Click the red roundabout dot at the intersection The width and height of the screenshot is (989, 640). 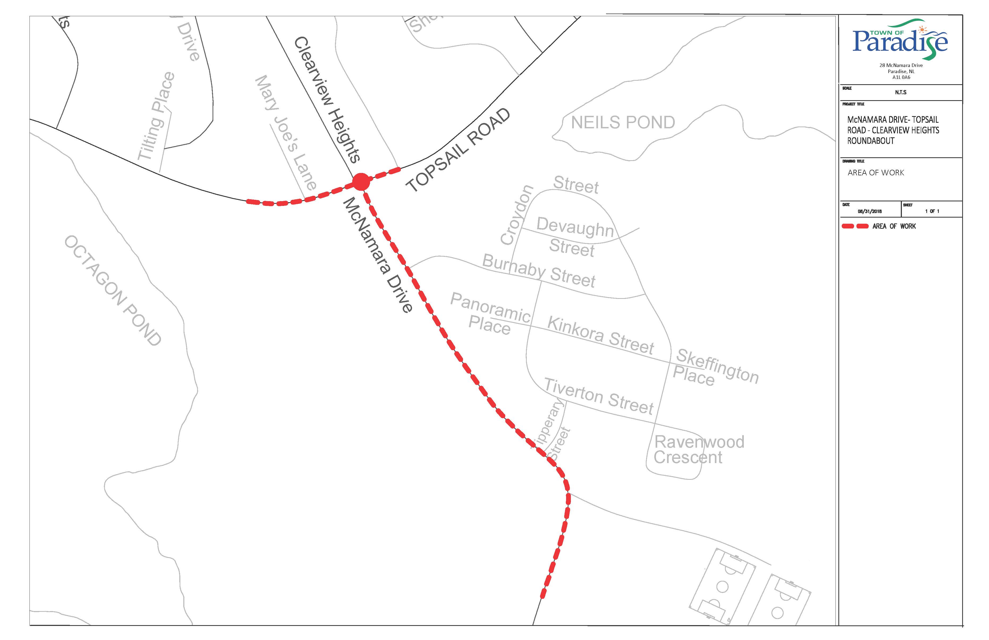click(361, 182)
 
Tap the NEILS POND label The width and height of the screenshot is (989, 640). click(622, 122)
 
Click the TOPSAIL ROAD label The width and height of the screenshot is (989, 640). click(458, 150)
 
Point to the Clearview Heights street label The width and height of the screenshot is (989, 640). click(327, 99)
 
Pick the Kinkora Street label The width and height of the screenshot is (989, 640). click(600, 335)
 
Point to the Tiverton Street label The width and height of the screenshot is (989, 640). click(599, 396)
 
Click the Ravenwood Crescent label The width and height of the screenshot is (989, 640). click(698, 450)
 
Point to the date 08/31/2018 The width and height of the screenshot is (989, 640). click(870, 211)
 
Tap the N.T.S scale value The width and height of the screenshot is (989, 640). click(901, 92)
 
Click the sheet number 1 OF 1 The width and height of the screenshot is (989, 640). click(932, 211)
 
